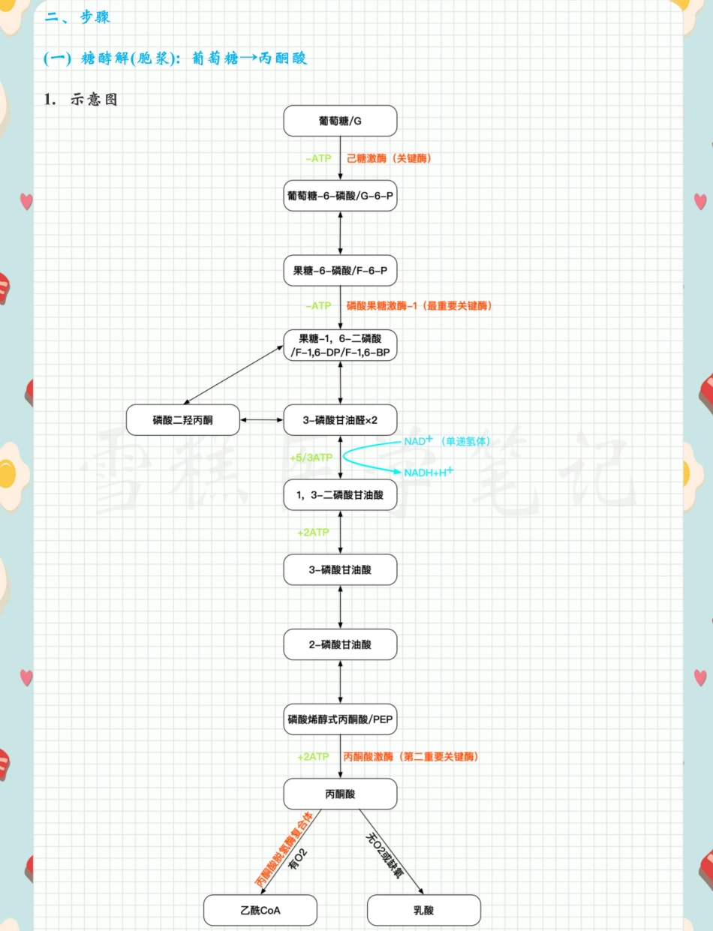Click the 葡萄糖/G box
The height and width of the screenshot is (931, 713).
340,121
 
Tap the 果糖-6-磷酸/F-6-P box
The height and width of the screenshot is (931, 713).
340,270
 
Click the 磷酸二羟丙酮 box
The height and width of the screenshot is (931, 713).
182,420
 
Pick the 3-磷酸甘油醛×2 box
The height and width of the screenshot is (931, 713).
340,420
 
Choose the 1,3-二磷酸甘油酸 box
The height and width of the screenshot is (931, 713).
340,495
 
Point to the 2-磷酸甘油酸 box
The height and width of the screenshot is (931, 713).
340,644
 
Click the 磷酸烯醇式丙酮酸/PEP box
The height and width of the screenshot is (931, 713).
340,719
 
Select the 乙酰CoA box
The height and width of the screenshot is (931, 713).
260,911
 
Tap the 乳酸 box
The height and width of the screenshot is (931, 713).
423,911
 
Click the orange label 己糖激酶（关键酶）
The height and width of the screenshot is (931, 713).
389,159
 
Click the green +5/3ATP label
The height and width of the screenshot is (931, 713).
311,457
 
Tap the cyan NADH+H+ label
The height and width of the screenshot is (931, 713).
429,473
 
